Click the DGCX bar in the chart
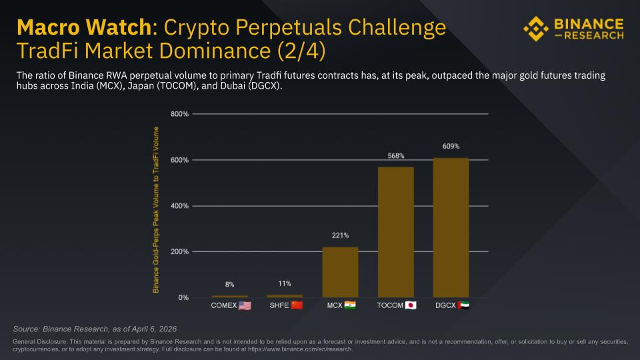coord(451,227)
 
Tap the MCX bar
coord(340,272)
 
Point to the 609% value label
coord(451,146)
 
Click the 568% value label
coord(396,155)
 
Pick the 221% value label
coord(340,235)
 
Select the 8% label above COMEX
coord(229,285)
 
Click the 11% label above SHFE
coord(285,283)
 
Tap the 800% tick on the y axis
coord(180,114)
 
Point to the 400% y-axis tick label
coord(180,206)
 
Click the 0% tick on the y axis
coord(183,297)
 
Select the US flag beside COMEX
coord(245,306)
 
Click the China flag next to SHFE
coord(297,305)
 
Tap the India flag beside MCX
coord(350,305)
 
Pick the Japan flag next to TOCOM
coord(411,305)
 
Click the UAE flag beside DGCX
coord(463,305)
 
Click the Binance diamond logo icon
coord(536,29)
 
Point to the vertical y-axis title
coord(156,209)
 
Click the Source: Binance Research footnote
coord(95,329)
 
